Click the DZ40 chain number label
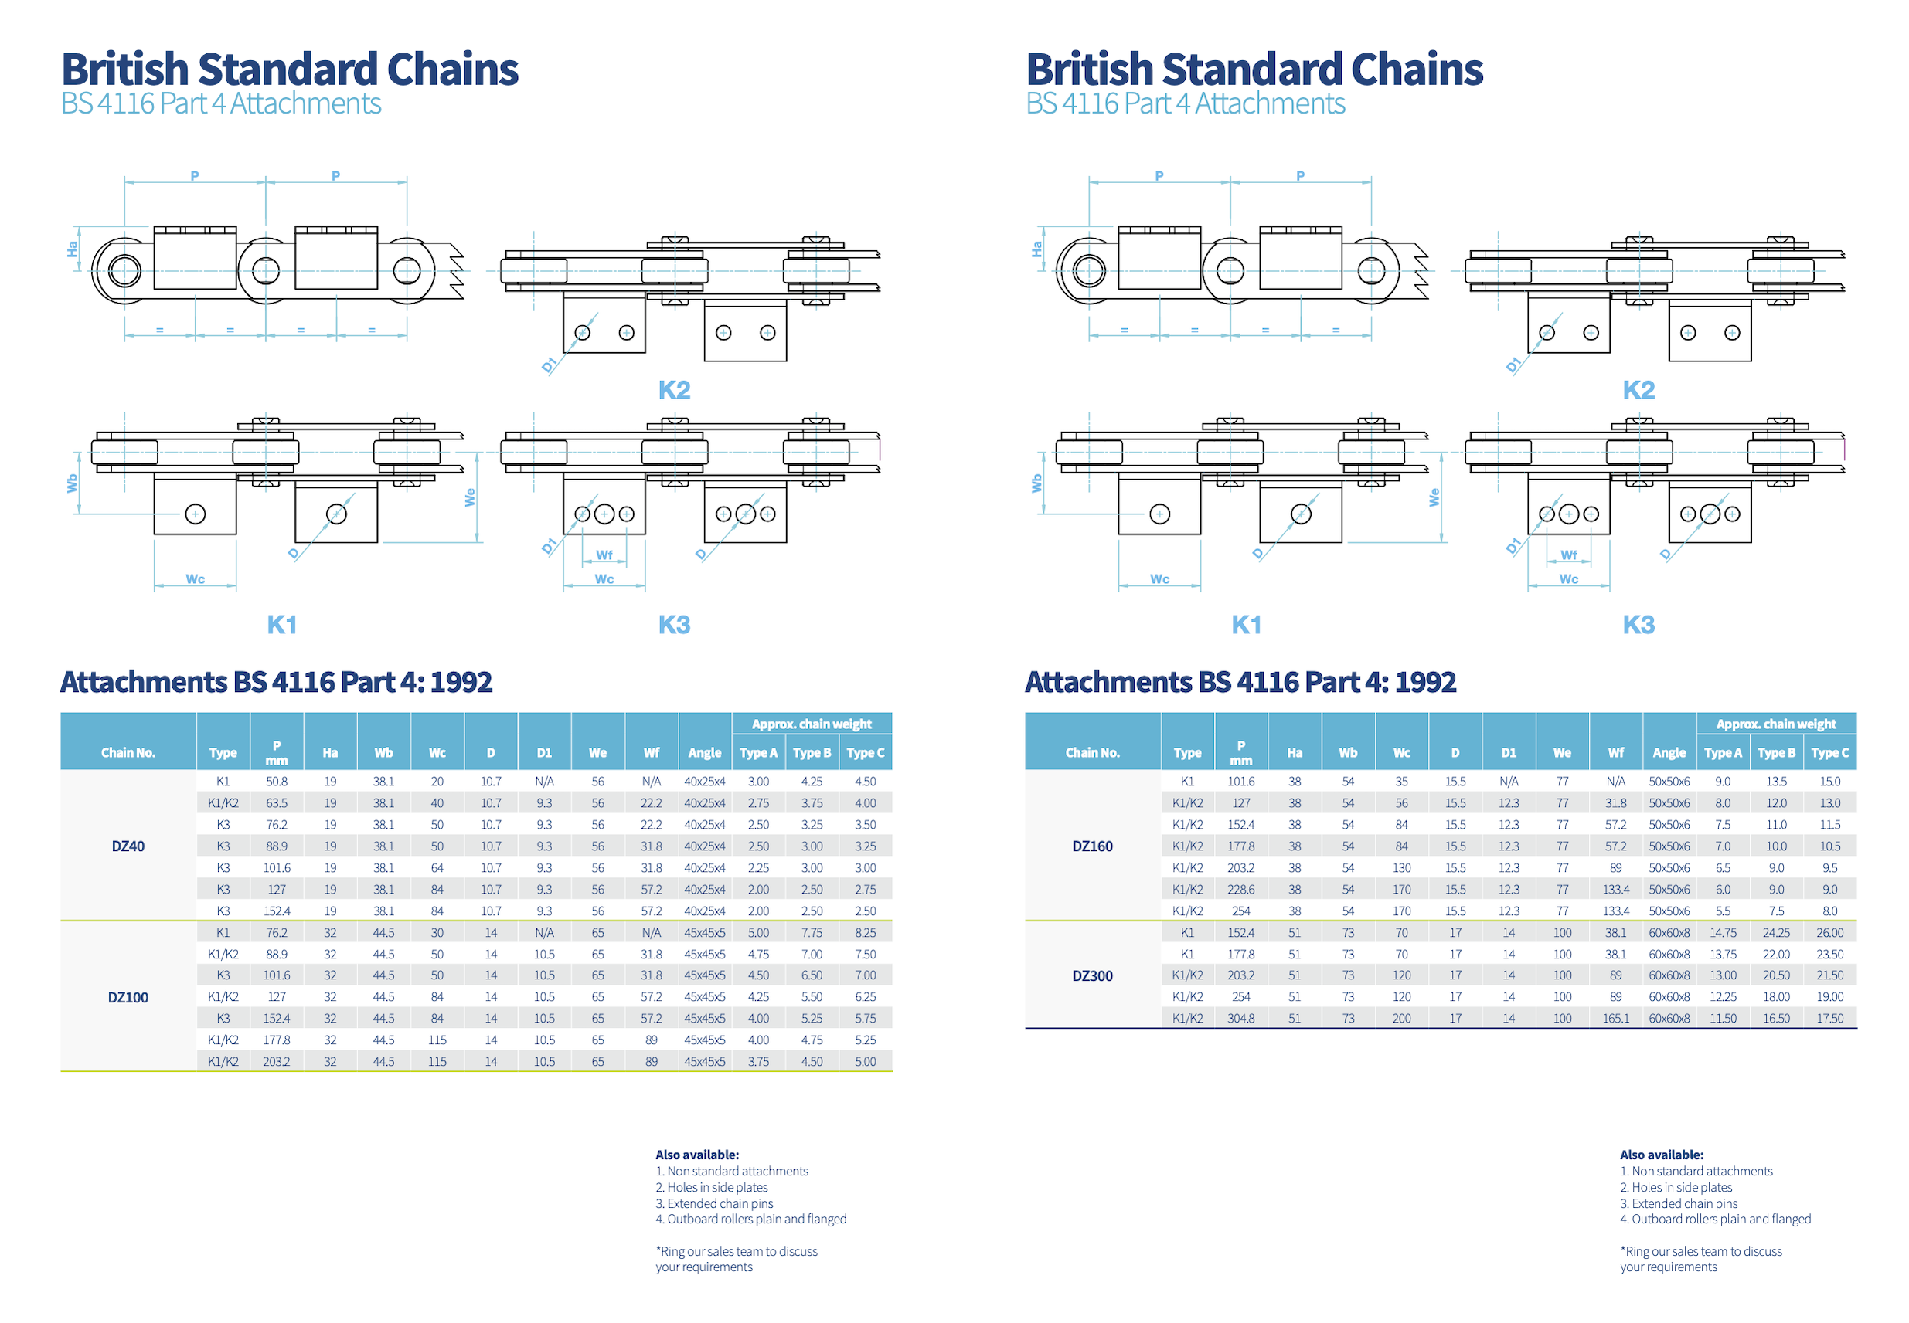[x=128, y=846]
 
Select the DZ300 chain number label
[x=1092, y=975]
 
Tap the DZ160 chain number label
[x=1092, y=846]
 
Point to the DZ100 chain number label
[x=128, y=997]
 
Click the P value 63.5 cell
[x=276, y=803]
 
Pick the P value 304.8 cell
[x=1240, y=1019]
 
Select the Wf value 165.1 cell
[x=1615, y=1019]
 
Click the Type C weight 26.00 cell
[x=1829, y=932]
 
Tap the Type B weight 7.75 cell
[x=812, y=932]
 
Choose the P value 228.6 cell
[x=1240, y=890]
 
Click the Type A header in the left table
[x=758, y=753]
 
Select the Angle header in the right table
[x=1669, y=753]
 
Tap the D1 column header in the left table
[x=544, y=753]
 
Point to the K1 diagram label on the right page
[x=1246, y=625]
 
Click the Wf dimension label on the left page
[x=604, y=555]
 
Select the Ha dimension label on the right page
[x=1036, y=249]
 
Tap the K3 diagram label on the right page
[x=1638, y=625]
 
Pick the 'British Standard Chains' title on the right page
[x=1254, y=69]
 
